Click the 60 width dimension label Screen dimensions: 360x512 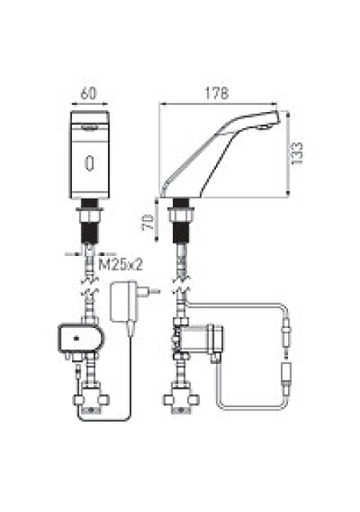(89, 94)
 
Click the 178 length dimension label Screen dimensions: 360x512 (217, 94)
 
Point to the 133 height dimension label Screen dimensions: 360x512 (297, 154)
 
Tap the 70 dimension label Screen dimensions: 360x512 (148, 222)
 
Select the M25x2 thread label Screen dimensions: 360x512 (121, 264)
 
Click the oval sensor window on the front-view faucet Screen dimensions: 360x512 (90, 163)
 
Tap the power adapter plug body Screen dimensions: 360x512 (123, 302)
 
